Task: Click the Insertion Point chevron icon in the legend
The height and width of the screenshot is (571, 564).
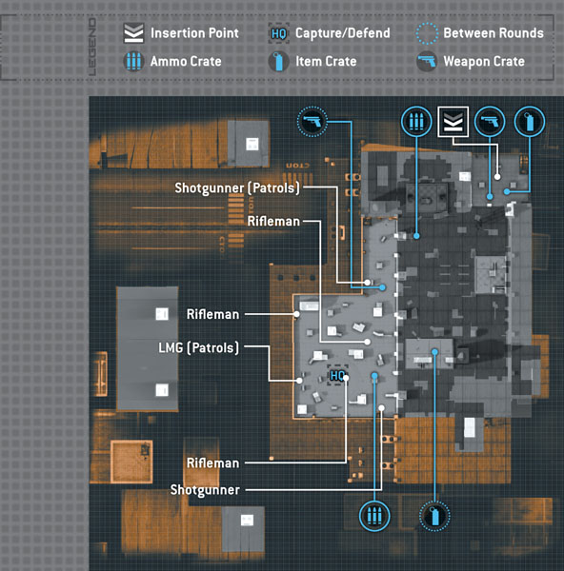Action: coord(133,33)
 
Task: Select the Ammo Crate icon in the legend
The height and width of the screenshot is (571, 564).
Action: coord(133,61)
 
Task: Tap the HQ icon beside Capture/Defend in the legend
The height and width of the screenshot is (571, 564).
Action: coord(279,33)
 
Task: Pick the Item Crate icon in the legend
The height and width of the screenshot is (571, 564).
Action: coord(279,61)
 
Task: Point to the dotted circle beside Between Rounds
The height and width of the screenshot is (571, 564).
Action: coord(427,33)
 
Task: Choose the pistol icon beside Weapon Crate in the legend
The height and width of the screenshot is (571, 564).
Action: coord(427,61)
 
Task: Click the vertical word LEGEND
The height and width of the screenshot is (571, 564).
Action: coord(92,47)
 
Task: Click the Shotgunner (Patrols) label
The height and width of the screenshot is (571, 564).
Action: coord(237,187)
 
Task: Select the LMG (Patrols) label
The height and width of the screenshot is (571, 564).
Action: coord(199,347)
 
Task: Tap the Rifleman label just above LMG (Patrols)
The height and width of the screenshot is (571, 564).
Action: coord(212,314)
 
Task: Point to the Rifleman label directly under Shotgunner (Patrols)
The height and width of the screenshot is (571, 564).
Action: coord(273,221)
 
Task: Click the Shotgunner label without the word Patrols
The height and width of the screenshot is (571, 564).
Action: coord(205,490)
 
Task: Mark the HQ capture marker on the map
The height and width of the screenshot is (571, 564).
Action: coord(337,375)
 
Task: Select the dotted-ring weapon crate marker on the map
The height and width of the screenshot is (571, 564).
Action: coord(312,122)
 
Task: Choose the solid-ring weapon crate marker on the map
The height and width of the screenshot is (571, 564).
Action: coord(490,122)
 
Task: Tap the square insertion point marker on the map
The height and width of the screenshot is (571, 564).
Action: coord(453,122)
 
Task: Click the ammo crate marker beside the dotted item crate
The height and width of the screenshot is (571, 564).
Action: coord(374,516)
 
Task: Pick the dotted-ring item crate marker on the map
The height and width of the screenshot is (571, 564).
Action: coord(434,516)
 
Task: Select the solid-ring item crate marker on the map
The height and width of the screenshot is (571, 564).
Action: coord(530,122)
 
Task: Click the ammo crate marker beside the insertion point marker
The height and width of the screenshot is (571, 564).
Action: coord(416,122)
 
